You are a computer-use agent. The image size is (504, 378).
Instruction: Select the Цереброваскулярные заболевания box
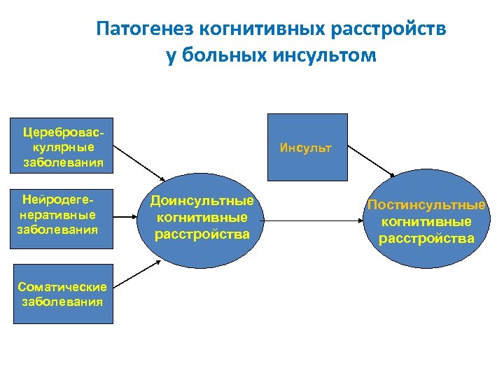[63, 148]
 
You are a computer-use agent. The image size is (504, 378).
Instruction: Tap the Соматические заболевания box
[63, 294]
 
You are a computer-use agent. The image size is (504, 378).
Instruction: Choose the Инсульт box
[306, 148]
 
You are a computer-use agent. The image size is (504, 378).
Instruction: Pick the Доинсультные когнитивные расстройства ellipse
[202, 218]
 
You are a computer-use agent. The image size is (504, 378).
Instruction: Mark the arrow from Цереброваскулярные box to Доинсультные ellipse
[139, 162]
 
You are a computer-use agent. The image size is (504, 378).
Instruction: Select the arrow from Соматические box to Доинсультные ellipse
[137, 271]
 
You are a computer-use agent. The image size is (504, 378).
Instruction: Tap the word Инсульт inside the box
[306, 148]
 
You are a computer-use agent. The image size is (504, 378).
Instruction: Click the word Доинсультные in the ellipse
[202, 202]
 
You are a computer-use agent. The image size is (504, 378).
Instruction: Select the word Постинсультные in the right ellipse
[427, 206]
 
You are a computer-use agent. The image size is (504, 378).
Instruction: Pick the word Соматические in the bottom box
[63, 287]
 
